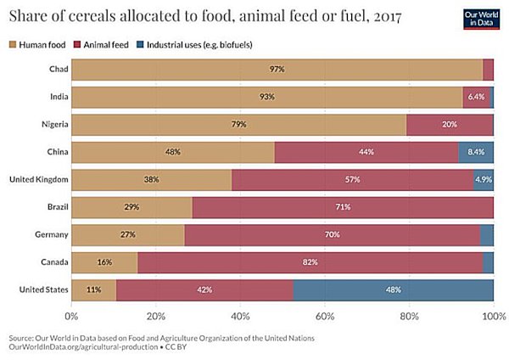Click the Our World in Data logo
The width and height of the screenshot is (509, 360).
click(x=481, y=20)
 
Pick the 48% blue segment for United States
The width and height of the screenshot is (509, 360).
click(x=394, y=290)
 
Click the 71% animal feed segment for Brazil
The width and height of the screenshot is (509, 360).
click(x=343, y=207)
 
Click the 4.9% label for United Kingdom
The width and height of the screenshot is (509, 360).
click(x=484, y=180)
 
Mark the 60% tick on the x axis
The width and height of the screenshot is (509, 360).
click(x=325, y=317)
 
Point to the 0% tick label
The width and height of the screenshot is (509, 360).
click(x=72, y=317)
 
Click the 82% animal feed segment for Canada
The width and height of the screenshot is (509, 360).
click(x=310, y=262)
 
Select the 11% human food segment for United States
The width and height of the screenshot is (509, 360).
click(x=93, y=290)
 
